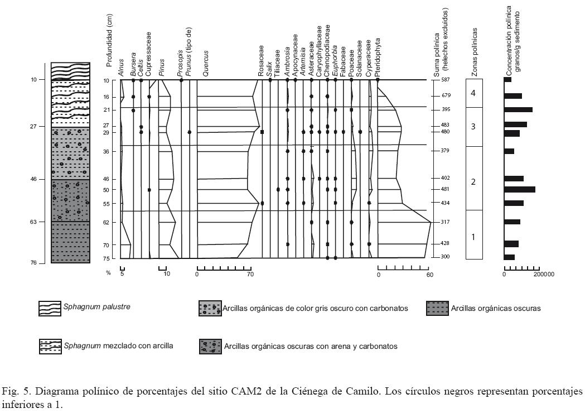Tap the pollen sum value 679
click(x=445, y=95)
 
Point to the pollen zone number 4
click(x=473, y=93)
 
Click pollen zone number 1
click(x=473, y=237)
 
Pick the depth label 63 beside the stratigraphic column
click(x=33, y=222)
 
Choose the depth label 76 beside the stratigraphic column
click(x=33, y=263)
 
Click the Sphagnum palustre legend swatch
click(x=50, y=309)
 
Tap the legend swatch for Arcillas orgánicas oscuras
click(x=437, y=309)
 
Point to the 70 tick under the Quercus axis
click(x=250, y=274)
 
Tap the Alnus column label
click(x=121, y=67)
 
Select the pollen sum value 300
click(x=445, y=257)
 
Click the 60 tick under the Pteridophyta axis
click(x=429, y=274)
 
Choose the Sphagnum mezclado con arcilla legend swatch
click(x=50, y=346)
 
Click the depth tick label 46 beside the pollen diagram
click(x=106, y=179)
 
